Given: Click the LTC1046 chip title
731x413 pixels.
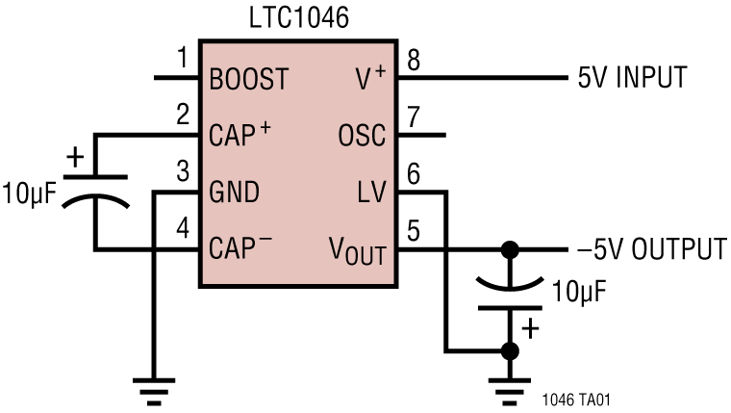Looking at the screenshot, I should (x=298, y=18).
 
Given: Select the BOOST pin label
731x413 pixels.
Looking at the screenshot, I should (x=248, y=79).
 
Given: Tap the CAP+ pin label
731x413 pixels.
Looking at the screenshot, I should (x=239, y=136).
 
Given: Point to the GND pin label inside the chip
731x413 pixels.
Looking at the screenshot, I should (x=234, y=193).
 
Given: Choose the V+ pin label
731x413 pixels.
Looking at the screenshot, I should (x=369, y=79).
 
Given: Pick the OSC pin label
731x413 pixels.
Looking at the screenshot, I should (x=362, y=136).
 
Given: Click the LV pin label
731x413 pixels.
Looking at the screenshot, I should (x=370, y=193).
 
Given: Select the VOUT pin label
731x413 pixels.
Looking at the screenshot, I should (x=357, y=252).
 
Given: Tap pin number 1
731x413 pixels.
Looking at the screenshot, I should (x=183, y=61).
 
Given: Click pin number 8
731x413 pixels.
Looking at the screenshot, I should (x=414, y=61).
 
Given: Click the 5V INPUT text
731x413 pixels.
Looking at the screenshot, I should (x=632, y=78).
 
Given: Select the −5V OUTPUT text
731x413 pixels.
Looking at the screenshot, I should (x=650, y=249).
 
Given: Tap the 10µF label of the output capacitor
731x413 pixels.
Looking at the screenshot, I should (x=577, y=291).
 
